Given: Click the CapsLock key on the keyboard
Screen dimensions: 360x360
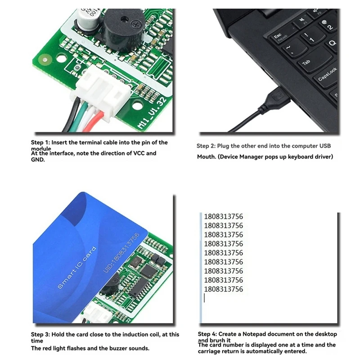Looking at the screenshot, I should (327, 75).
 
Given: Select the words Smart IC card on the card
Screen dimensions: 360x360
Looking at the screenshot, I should (77, 268).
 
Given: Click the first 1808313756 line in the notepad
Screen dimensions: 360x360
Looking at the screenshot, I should (223, 216).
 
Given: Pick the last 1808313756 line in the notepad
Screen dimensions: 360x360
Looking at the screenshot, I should (223, 289).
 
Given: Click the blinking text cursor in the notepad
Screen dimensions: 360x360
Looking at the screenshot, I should (205, 298).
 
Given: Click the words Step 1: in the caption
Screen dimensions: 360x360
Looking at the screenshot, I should (40, 143).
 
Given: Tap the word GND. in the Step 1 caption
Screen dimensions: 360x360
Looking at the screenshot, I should (38, 159).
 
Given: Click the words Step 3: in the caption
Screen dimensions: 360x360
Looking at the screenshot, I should (40, 334).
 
